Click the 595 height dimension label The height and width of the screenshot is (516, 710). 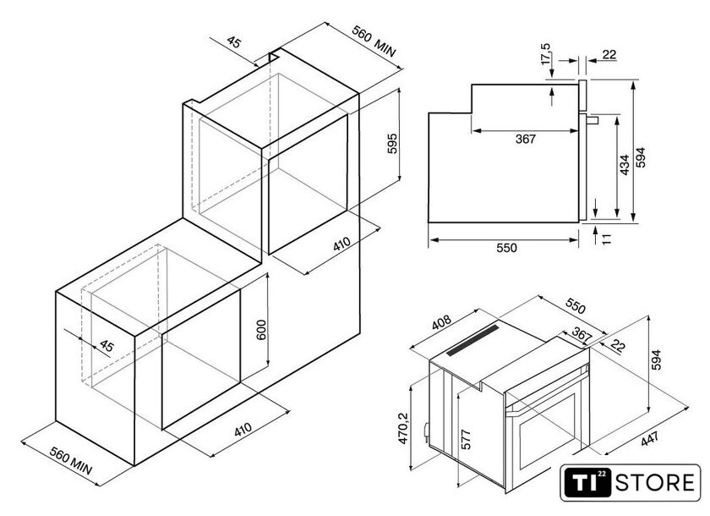[392, 143]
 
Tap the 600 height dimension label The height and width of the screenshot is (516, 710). [262, 330]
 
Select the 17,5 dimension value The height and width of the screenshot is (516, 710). [546, 54]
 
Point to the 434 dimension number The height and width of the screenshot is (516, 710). [625, 165]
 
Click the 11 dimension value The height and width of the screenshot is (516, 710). [607, 239]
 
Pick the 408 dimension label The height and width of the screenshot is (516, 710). [441, 322]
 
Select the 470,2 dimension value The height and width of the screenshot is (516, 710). [403, 428]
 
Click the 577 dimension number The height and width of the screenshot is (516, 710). [466, 439]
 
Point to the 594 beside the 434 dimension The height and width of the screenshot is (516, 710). [641, 157]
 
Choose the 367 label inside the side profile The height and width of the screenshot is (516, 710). [525, 139]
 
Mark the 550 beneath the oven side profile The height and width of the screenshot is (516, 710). [506, 248]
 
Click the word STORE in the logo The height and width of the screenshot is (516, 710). [655, 482]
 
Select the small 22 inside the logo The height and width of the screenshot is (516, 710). [601, 474]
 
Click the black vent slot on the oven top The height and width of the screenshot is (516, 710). [472, 340]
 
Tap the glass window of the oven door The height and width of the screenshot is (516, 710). [548, 431]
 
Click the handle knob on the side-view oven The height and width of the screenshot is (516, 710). [593, 120]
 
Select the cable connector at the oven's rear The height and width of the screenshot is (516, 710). [426, 431]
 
